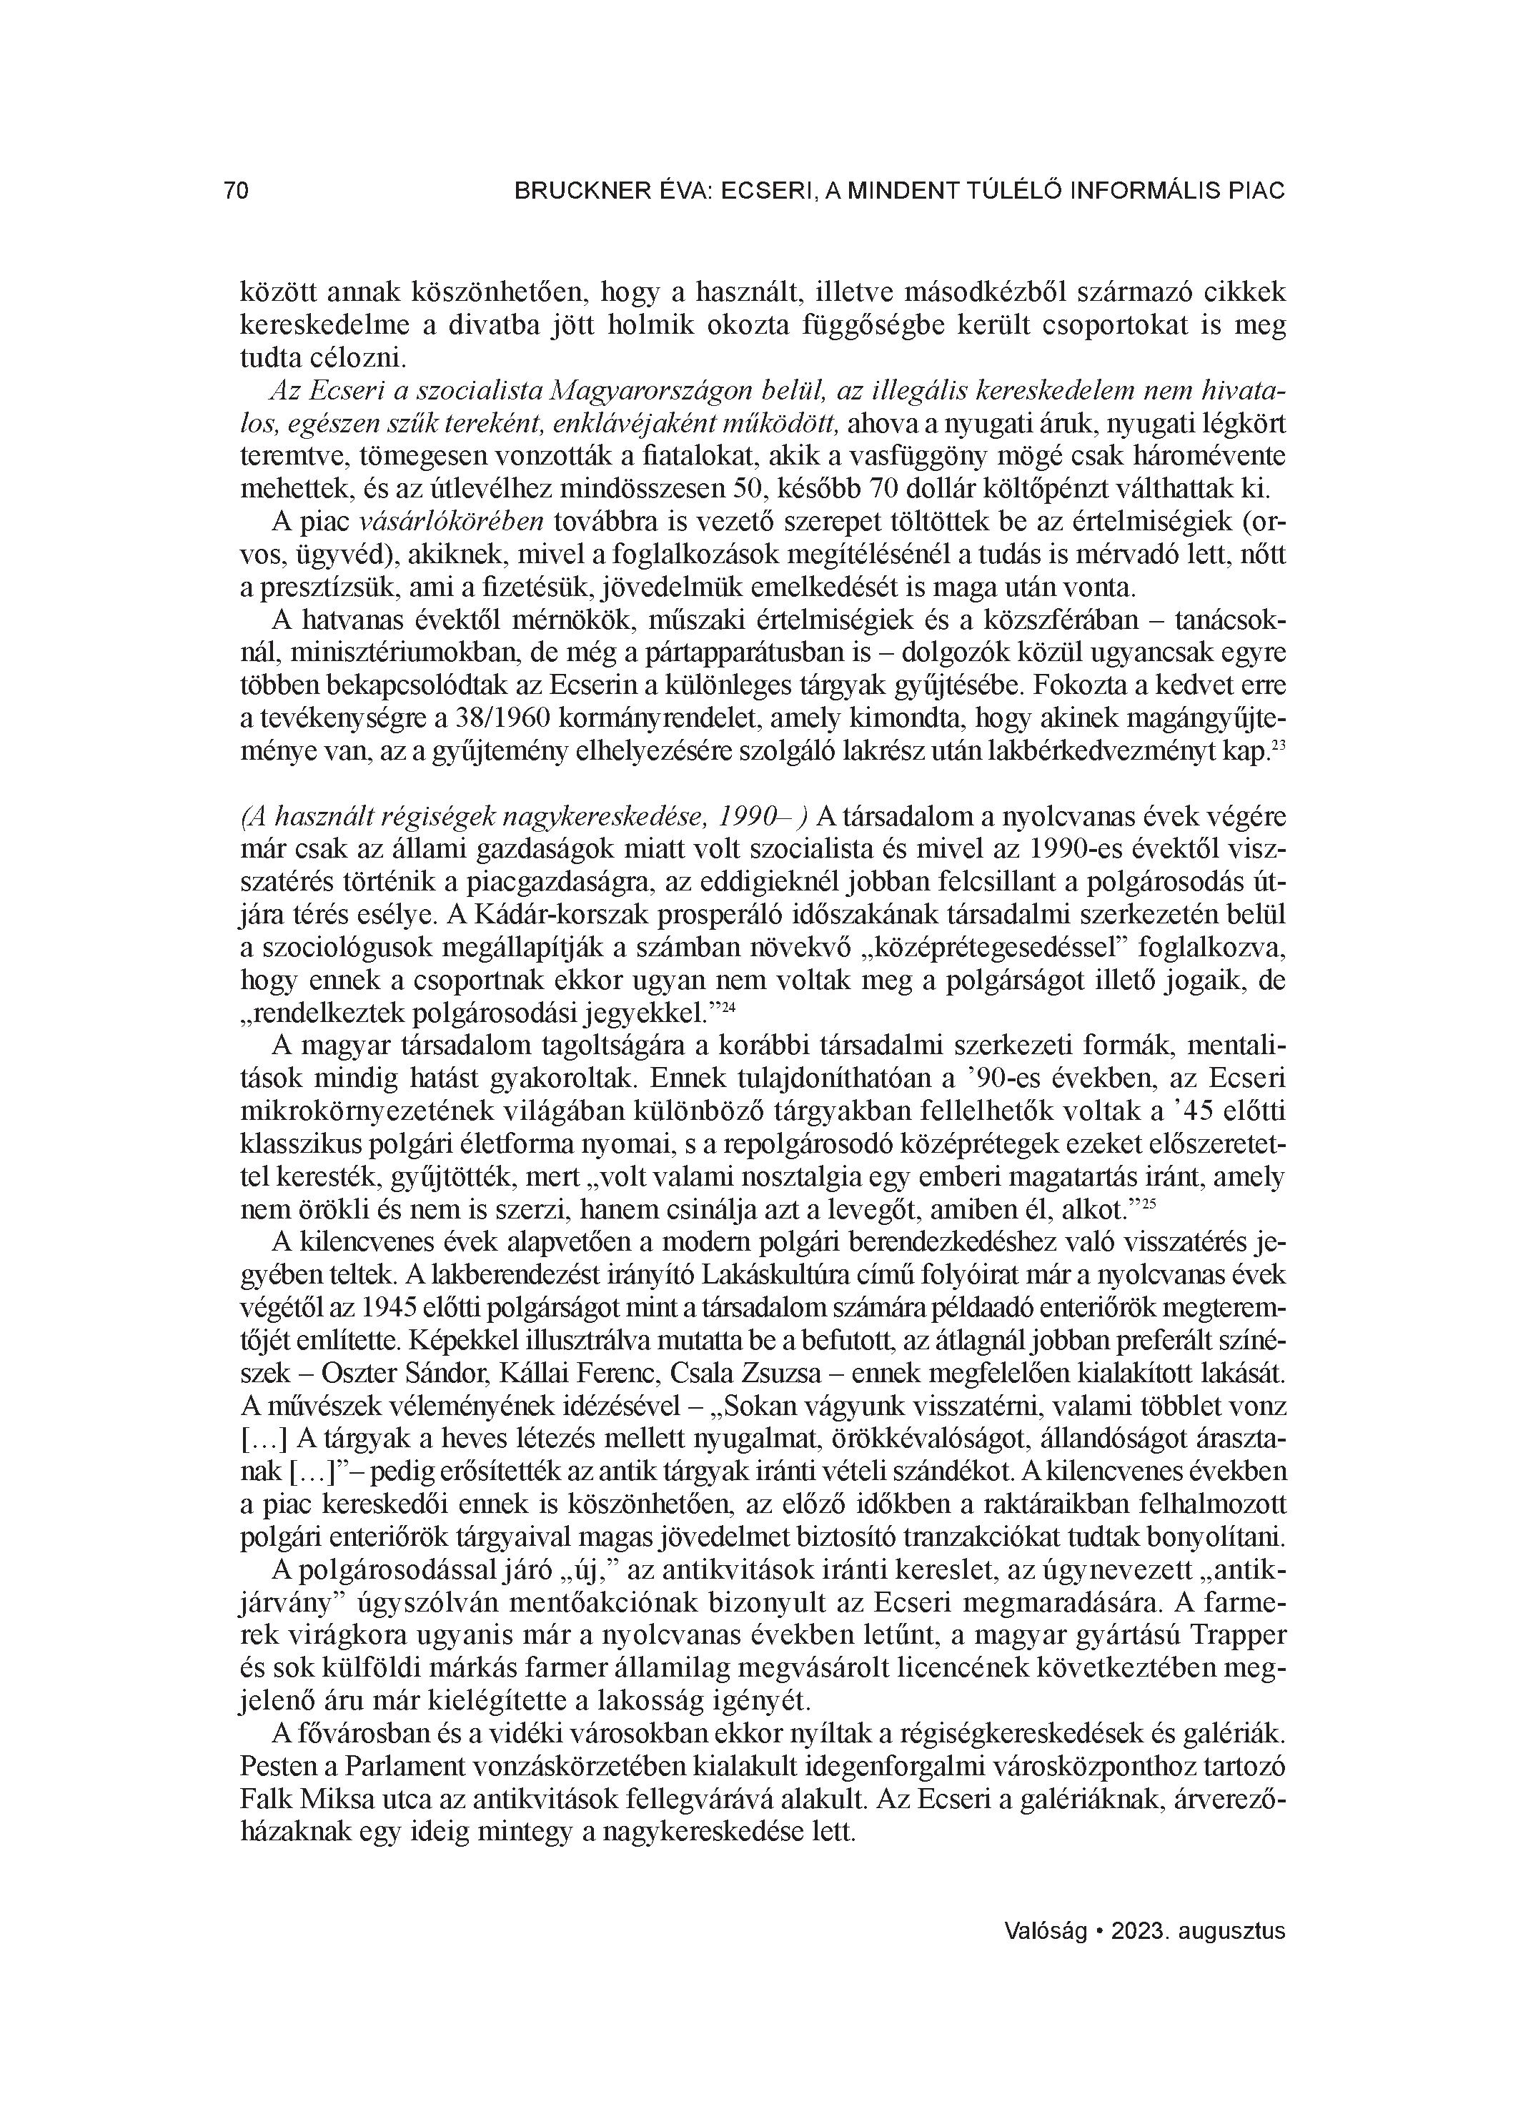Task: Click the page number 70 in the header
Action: click(237, 191)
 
